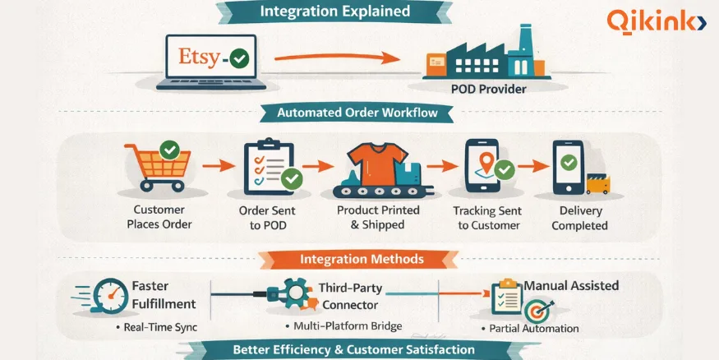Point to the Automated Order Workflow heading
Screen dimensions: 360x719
[x=357, y=113]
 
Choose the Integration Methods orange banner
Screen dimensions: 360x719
[x=362, y=259]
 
